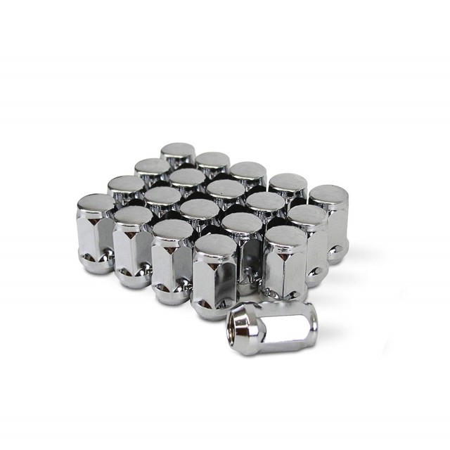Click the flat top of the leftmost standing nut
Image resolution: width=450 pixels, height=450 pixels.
pos(96,203)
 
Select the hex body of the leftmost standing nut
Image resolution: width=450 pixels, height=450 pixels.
pos(96,236)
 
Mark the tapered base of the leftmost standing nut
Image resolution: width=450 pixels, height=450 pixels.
pos(97,264)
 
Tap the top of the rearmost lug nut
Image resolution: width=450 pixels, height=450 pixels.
pos(177,151)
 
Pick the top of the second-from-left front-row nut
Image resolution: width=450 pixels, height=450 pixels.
pos(133,215)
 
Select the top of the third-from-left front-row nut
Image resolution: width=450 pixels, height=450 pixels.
pos(172,229)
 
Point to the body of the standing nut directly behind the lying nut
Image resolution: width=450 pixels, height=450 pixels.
pos(285,271)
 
